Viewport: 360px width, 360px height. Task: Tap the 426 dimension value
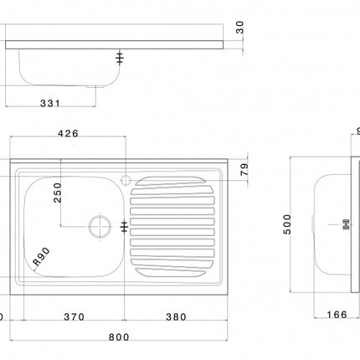click(x=69, y=132)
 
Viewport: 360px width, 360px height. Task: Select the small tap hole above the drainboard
click(x=126, y=179)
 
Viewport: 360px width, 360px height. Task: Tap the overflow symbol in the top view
click(x=124, y=226)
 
